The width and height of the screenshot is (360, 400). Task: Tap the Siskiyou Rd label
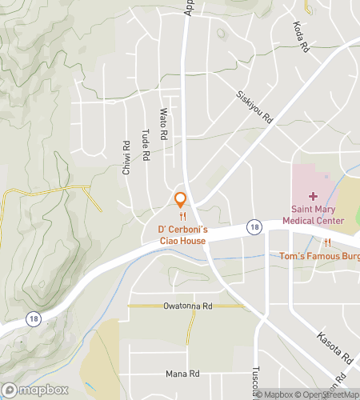click(x=254, y=106)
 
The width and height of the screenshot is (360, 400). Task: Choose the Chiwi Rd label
click(x=126, y=158)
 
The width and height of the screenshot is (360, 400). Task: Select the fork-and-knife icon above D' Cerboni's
click(x=183, y=216)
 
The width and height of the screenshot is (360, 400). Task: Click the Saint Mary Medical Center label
click(x=313, y=215)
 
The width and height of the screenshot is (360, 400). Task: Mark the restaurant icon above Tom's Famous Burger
click(x=327, y=242)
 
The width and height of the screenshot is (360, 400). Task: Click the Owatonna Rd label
click(x=186, y=306)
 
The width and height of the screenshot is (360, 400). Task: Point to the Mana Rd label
click(x=182, y=374)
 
